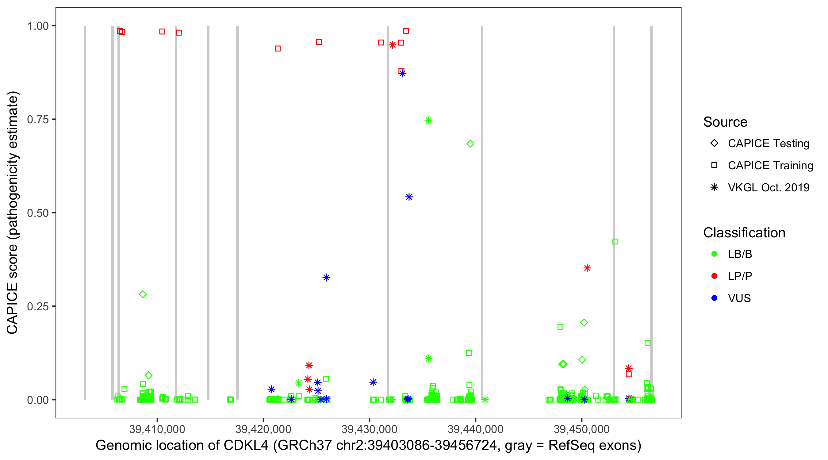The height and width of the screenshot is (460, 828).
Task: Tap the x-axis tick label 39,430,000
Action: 369,429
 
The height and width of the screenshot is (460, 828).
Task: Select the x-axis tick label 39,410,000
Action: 157,429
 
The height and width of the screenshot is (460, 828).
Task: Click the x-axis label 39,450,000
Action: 581,429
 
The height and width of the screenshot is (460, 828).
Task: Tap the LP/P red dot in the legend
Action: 715,276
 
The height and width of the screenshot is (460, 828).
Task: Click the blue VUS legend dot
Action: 715,298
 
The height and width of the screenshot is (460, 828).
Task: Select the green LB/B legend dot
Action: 715,254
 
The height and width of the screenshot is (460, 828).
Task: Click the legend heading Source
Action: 725,122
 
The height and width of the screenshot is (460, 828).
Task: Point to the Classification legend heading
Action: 744,233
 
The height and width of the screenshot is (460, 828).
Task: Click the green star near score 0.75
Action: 428,120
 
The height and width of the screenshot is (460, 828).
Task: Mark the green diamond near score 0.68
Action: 470,144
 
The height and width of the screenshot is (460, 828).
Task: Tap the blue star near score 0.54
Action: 409,197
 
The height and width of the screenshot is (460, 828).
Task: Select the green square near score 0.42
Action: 615,241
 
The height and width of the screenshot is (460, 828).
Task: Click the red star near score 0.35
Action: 587,268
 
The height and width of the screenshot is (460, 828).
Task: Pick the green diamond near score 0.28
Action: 143,294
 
